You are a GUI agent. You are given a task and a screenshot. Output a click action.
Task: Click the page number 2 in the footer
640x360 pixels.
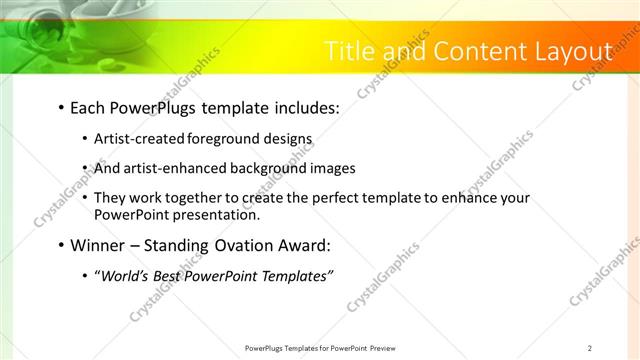pyautogui.click(x=590, y=348)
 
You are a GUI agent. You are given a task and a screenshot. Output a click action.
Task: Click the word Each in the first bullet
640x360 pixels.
pyautogui.click(x=90, y=106)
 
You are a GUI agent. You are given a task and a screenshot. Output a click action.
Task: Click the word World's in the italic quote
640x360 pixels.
pyautogui.click(x=126, y=277)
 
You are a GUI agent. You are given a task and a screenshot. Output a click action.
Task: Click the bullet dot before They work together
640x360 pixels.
pyautogui.click(x=84, y=199)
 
